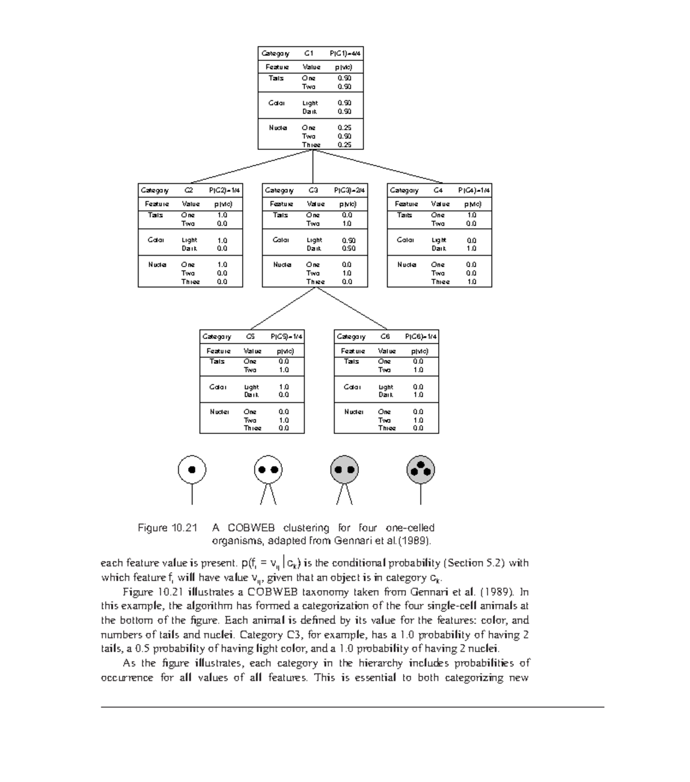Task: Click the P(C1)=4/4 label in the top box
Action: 345,53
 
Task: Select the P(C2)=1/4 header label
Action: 225,190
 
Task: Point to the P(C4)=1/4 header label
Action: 474,190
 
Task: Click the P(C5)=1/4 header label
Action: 286,337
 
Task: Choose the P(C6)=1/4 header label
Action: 421,337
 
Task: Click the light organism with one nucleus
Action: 192,469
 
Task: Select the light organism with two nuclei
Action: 267,469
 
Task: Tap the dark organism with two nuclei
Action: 344,469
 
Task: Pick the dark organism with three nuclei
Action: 420,469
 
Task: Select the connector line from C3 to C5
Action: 283,308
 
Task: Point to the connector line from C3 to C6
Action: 352,308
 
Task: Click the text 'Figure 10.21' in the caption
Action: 167,527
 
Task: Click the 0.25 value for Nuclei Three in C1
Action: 344,145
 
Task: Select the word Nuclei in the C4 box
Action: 407,265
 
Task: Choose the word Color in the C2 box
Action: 156,240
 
